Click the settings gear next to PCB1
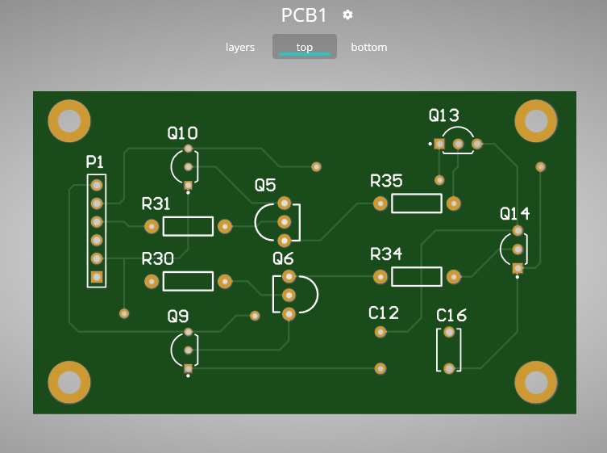[x=347, y=15]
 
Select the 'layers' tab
[x=239, y=47]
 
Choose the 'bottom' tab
[x=368, y=47]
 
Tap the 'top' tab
[x=304, y=47]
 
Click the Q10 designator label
[x=182, y=132]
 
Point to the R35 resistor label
[x=386, y=181]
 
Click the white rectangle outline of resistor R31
[x=188, y=226]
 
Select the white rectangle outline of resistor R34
[x=417, y=277]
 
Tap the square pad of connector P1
[x=97, y=277]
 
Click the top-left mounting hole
[x=69, y=120]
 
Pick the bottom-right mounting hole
[x=535, y=381]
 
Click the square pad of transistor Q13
[x=439, y=144]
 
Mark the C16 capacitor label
[x=451, y=315]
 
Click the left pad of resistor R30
[x=152, y=281]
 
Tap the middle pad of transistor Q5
[x=284, y=221]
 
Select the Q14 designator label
[x=514, y=214]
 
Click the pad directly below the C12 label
[x=380, y=331]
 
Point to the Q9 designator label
[x=178, y=317]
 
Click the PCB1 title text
[x=304, y=15]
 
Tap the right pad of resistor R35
[x=454, y=203]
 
